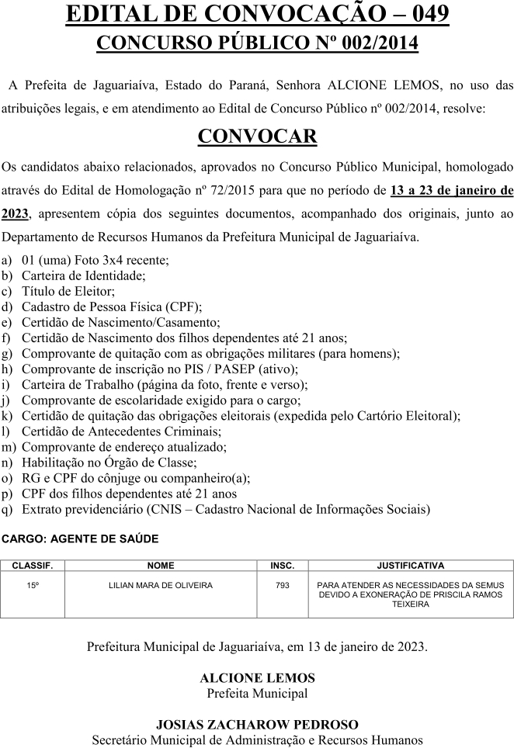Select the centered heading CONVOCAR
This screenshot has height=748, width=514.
tap(257, 136)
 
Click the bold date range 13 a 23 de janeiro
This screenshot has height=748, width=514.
tap(451, 189)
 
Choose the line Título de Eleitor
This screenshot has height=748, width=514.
tap(68, 292)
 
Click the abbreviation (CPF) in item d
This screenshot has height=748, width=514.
tap(186, 306)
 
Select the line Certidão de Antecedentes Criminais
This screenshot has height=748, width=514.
tap(122, 431)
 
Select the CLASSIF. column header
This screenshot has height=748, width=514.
tap(32, 566)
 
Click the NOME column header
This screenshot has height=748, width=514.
tap(161, 566)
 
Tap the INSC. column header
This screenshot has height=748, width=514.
tap(283, 566)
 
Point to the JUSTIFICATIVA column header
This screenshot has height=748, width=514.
tap(411, 566)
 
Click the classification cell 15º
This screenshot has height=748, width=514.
tap(32, 585)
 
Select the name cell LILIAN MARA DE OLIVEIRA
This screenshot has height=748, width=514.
tap(161, 585)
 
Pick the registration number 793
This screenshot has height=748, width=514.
tap(283, 585)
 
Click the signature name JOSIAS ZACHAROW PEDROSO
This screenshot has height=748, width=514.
tap(257, 725)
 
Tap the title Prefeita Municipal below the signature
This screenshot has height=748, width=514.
tap(257, 693)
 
